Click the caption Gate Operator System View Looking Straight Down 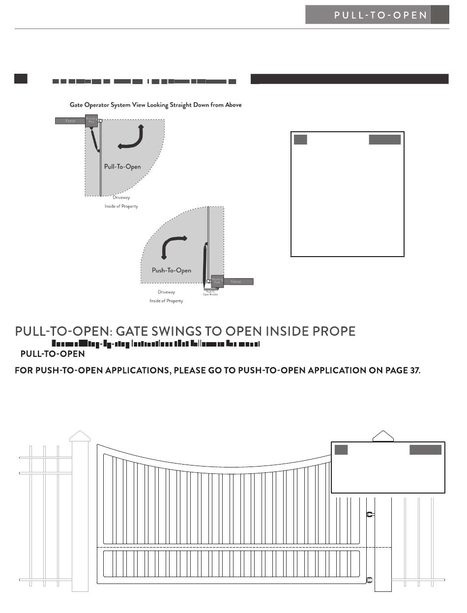155,105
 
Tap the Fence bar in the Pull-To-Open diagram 70,120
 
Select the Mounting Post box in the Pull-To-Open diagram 91,121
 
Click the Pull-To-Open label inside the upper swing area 122,167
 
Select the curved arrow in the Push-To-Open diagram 174,245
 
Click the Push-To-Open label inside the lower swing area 171,270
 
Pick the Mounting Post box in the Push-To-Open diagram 217,281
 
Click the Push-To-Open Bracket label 210,293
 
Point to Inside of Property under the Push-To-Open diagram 166,301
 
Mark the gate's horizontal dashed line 236,547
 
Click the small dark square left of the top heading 20,79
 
